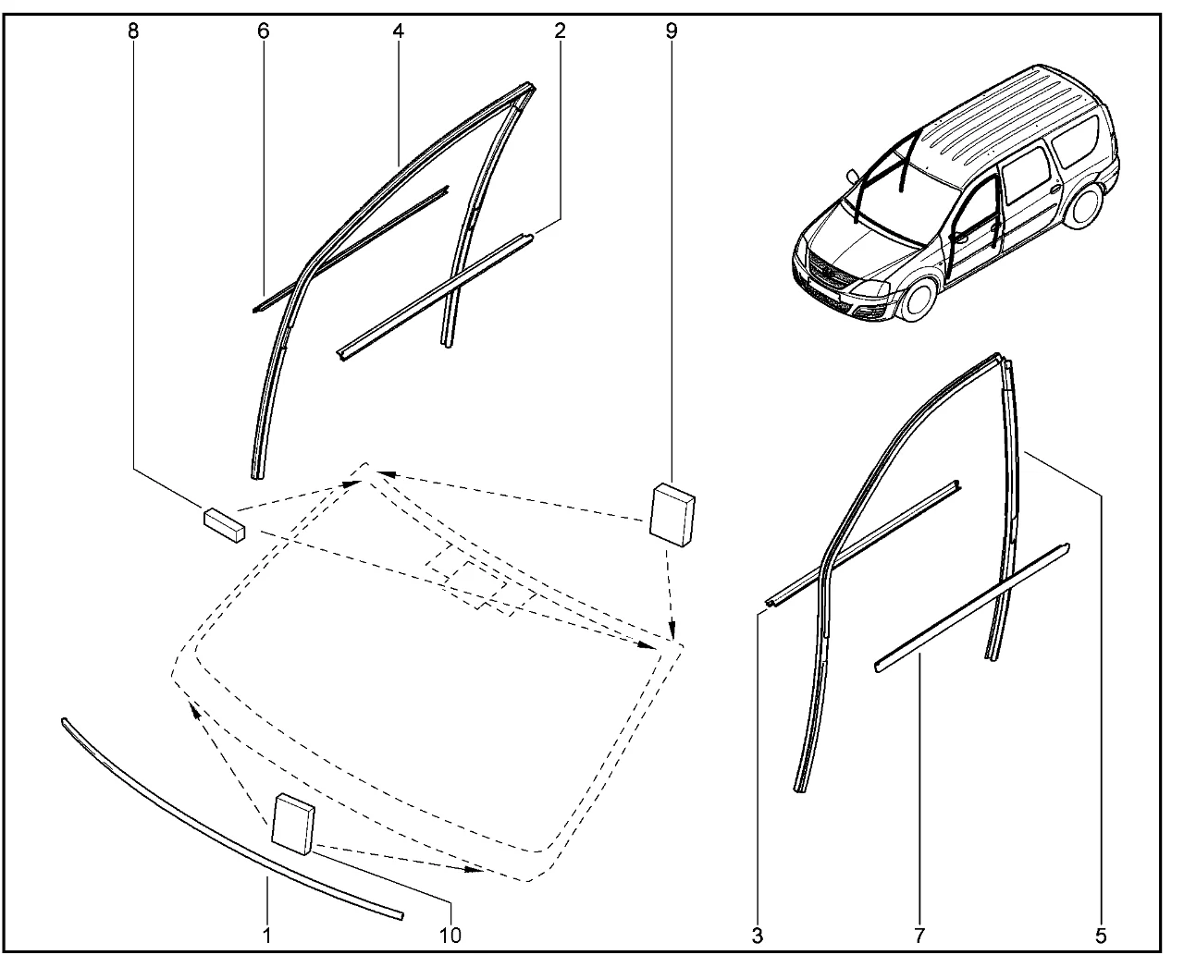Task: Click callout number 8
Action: pos(133,31)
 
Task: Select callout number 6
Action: pos(264,31)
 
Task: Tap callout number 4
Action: pos(398,31)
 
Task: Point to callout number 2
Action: pos(560,31)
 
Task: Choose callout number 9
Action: pos(671,31)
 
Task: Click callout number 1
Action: pos(267,936)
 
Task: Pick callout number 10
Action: pos(450,936)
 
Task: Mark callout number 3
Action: pos(758,936)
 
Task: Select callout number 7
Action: pos(921,936)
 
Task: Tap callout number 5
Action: pos(1100,936)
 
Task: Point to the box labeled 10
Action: pos(292,821)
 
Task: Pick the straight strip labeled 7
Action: pos(971,606)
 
